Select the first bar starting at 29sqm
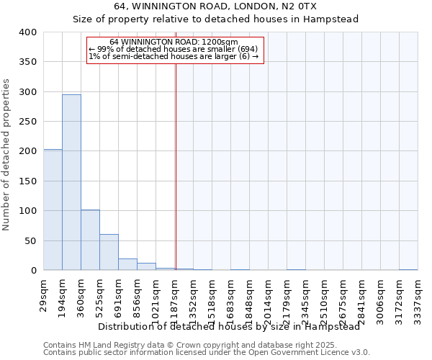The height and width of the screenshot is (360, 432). [x=53, y=210]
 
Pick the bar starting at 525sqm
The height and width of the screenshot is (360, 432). [x=109, y=252]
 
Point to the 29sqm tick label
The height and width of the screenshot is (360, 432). [x=44, y=294]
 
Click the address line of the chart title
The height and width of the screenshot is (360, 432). [x=216, y=6]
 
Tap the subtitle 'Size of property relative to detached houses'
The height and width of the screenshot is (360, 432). [x=216, y=19]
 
